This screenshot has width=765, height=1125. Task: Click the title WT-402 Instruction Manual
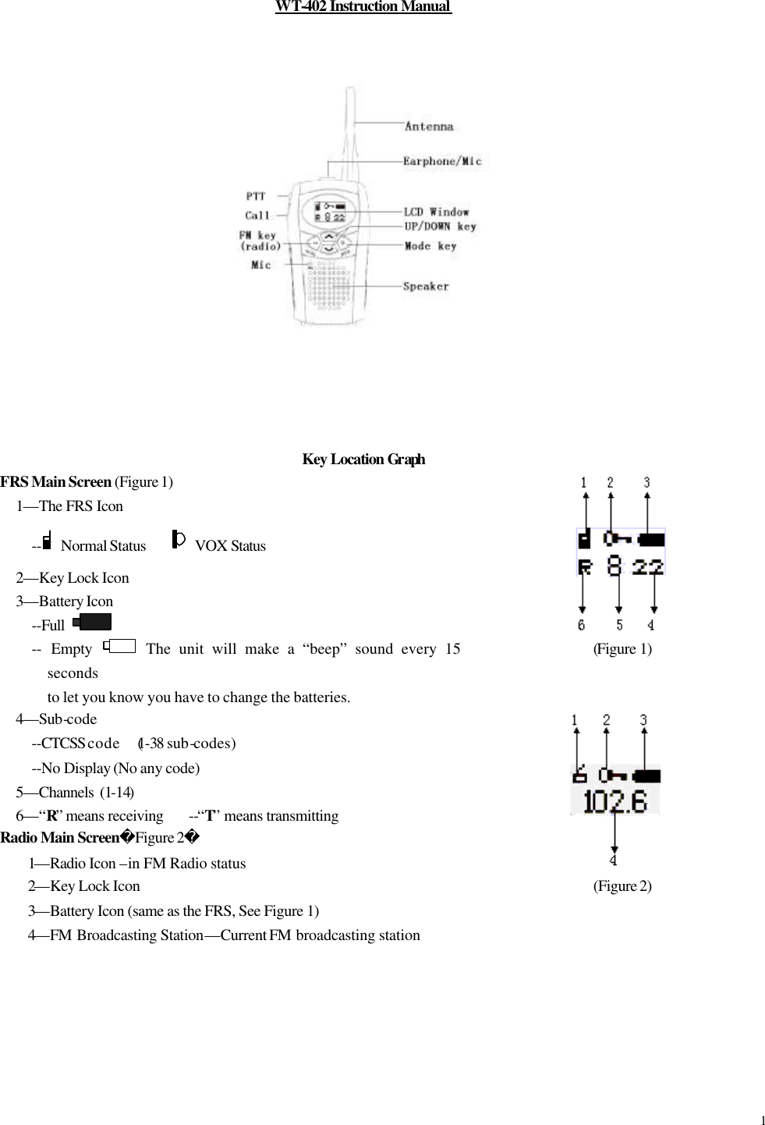[x=363, y=7]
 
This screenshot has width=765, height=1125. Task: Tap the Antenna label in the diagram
[x=429, y=126]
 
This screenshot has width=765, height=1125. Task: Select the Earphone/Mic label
[x=442, y=161]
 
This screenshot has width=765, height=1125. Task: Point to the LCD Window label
[x=436, y=212]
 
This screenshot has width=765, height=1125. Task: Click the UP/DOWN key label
[x=440, y=227]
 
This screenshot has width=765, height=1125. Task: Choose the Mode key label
[x=430, y=247]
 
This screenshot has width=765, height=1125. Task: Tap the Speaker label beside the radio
[x=426, y=286]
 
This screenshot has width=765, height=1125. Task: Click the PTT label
[x=256, y=197]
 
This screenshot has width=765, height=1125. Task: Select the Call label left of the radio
[x=257, y=215]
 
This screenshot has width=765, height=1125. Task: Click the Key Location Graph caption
[x=363, y=459]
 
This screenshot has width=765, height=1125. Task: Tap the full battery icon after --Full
[x=92, y=622]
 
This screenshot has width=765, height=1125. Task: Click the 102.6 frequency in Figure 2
[x=615, y=801]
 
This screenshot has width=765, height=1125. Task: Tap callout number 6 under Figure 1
[x=582, y=625]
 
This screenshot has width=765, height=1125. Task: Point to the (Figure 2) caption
[x=622, y=885]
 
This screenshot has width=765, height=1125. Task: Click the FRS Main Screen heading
[x=56, y=481]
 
